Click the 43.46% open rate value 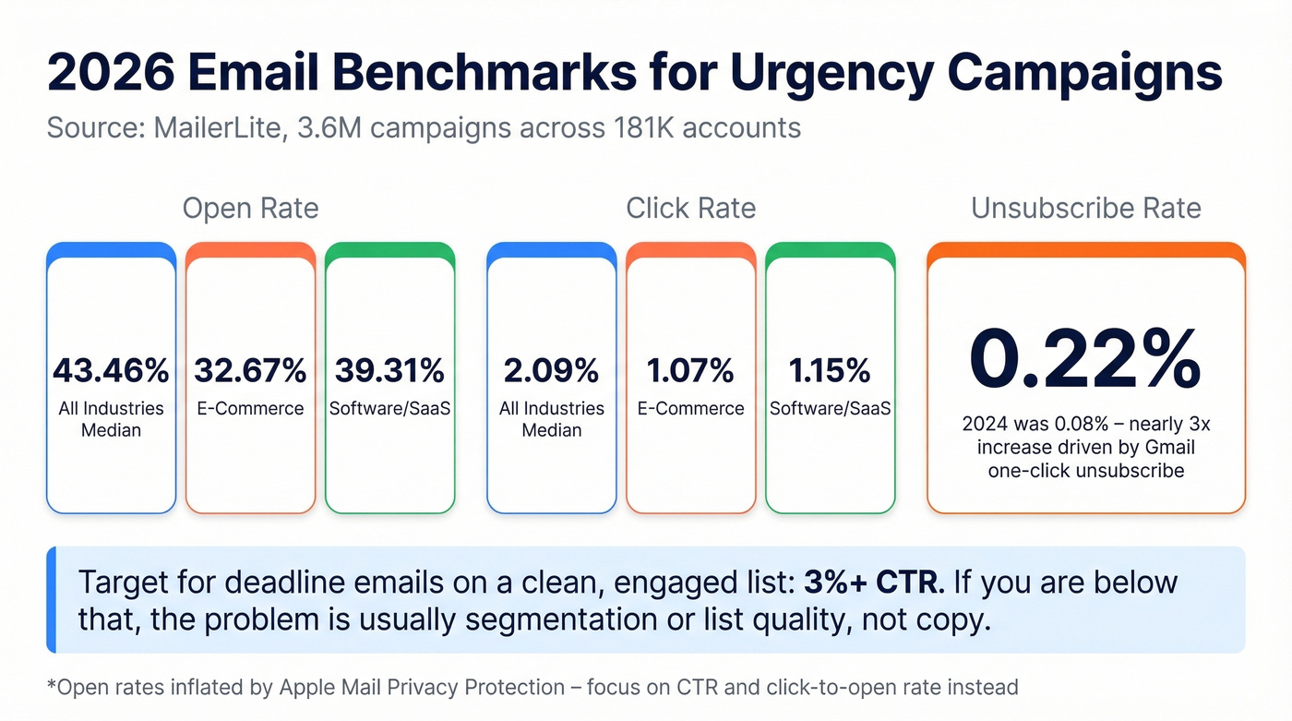[111, 370]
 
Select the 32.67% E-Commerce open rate [250, 370]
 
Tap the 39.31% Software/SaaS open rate [389, 370]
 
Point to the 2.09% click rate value [551, 370]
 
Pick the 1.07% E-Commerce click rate [690, 370]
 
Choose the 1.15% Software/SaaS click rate [830, 370]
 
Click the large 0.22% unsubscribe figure [1085, 360]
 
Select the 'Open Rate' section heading [250, 208]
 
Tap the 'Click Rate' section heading [690, 208]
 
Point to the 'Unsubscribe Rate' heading [1085, 208]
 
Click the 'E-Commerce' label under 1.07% [690, 408]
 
